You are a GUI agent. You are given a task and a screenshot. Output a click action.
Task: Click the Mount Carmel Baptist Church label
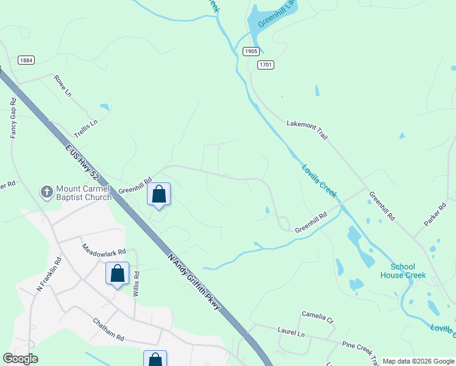[x=84, y=193]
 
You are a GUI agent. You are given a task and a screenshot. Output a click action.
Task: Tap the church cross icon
[x=46, y=193]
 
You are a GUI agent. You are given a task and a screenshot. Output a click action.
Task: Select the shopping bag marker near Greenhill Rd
[x=159, y=195]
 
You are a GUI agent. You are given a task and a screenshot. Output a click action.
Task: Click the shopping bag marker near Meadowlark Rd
[x=117, y=274]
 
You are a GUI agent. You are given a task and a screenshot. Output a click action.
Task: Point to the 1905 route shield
[x=251, y=52]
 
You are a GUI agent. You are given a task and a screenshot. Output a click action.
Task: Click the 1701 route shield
[x=265, y=65]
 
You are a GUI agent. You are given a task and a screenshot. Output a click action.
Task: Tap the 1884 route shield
[x=26, y=60]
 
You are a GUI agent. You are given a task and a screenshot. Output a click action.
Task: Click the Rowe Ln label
[x=63, y=84]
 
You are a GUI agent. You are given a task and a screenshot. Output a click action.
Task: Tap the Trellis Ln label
[x=85, y=127]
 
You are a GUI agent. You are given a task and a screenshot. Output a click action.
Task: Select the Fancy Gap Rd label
[x=13, y=118]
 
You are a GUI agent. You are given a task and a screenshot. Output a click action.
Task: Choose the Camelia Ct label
[x=318, y=318]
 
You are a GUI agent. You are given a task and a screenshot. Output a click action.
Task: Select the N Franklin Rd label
[x=49, y=273]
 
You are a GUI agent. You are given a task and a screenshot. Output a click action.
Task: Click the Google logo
[x=21, y=359]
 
